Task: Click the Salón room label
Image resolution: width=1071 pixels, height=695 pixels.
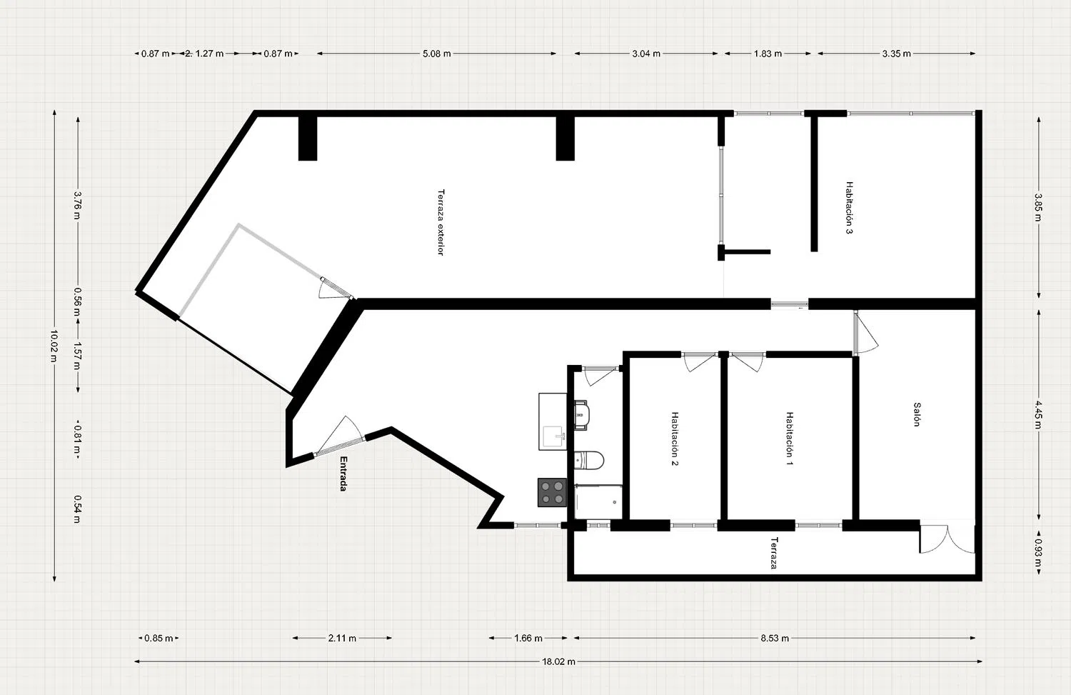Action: click(x=917, y=414)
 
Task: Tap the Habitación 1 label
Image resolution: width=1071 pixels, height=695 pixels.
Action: click(x=790, y=438)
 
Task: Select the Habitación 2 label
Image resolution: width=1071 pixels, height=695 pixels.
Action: click(x=675, y=439)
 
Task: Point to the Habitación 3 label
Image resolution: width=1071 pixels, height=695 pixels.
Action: click(x=849, y=208)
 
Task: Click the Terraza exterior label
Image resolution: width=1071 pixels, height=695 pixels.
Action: click(x=441, y=222)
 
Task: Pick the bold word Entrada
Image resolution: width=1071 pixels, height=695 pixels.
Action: click(x=343, y=474)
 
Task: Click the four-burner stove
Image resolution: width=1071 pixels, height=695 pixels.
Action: click(x=552, y=492)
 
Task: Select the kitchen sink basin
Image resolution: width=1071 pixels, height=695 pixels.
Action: click(x=553, y=437)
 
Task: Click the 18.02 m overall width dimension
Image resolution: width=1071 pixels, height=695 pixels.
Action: click(x=558, y=661)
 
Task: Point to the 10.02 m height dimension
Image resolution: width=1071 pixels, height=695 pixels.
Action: click(x=54, y=346)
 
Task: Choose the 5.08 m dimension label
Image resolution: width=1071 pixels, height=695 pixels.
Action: click(x=436, y=54)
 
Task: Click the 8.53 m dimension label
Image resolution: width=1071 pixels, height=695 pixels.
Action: click(x=775, y=638)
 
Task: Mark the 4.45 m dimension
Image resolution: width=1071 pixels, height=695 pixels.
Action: click(x=1038, y=415)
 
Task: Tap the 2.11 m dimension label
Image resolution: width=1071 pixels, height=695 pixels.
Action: click(x=342, y=638)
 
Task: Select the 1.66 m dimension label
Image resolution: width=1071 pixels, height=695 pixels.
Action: click(x=528, y=638)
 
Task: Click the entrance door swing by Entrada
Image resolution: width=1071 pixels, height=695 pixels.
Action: click(x=338, y=435)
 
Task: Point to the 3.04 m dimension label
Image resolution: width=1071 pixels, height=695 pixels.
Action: click(x=646, y=54)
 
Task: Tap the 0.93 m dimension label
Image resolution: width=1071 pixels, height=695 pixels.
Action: click(x=1038, y=552)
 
